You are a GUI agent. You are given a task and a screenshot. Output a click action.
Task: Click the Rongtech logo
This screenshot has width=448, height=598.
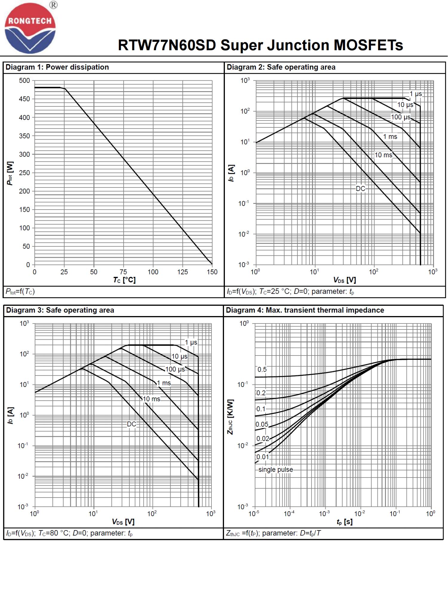pos(30,28)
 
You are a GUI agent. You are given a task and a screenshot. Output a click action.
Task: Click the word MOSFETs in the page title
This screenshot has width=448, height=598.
pos(368,45)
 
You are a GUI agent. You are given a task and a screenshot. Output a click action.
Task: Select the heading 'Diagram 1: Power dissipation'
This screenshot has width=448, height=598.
pos(57,67)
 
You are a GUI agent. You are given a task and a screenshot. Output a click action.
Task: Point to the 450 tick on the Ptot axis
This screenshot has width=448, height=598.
pos(24,99)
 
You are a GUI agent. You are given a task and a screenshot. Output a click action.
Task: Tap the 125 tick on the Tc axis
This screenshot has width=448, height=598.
pos(182,272)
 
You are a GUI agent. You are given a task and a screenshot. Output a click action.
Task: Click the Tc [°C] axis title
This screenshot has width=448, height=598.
pos(124,280)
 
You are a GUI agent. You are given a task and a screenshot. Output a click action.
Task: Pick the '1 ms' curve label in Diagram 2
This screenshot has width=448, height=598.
pos(390,137)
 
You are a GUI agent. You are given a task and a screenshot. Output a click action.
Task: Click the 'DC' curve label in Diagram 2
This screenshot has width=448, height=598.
pos(360,189)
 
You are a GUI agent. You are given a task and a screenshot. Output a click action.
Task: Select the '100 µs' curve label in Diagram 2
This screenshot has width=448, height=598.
pos(401,117)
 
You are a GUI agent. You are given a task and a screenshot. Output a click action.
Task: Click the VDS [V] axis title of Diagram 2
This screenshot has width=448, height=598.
pos(345,280)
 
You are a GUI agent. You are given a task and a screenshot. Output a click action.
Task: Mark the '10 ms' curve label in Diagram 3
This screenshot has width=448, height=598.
pos(151,399)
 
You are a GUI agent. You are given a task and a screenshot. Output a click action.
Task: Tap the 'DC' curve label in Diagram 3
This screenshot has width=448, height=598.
pos(131,424)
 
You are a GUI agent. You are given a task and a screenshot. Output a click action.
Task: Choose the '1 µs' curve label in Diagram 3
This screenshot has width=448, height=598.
pos(191,342)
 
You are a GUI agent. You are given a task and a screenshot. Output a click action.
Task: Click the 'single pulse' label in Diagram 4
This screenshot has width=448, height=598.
pos(276,470)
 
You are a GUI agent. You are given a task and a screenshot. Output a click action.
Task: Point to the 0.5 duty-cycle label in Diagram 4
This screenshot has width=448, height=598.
pos(262,370)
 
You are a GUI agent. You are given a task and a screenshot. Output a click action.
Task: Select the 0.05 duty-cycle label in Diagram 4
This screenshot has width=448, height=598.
pos(262,425)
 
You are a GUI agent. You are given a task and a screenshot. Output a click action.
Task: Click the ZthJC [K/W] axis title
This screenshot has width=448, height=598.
pos(230,417)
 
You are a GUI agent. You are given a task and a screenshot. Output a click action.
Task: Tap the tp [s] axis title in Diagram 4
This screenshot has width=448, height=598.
pos(344,522)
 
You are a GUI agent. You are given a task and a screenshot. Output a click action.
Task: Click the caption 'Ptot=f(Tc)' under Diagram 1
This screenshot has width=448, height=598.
pos(20,292)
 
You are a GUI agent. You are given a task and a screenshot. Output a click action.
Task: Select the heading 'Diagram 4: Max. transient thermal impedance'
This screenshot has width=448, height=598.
pos(305,310)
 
